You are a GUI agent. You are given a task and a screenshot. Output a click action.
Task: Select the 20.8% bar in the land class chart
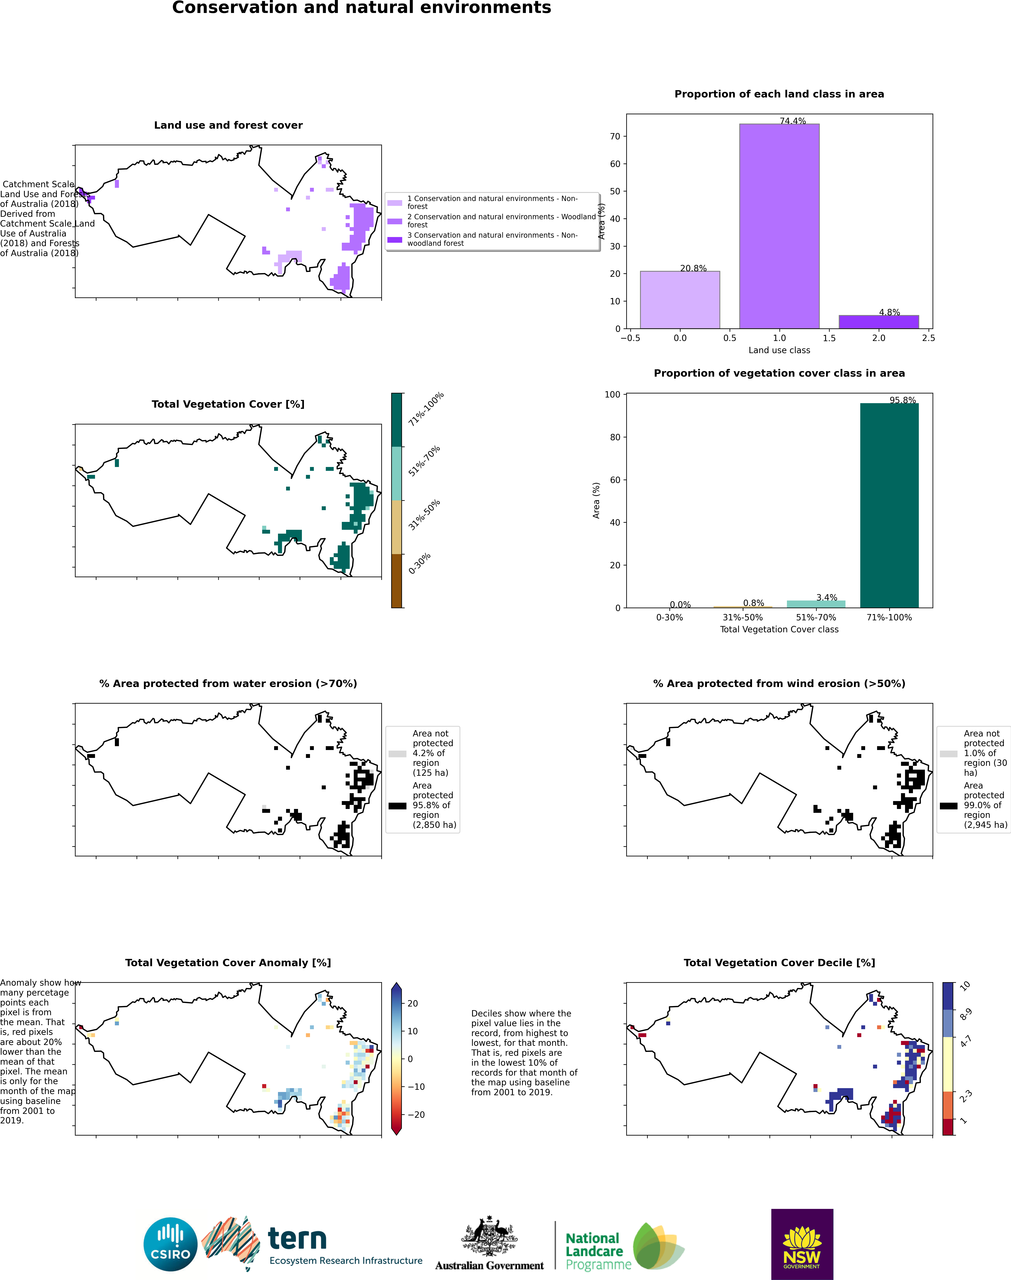[680, 300]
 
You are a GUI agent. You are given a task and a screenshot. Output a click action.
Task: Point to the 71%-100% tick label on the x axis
[889, 617]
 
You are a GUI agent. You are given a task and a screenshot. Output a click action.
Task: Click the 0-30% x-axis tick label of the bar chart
[669, 617]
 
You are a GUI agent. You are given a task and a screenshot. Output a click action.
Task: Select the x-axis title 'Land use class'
[779, 350]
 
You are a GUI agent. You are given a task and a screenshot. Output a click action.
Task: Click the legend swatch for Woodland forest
[395, 221]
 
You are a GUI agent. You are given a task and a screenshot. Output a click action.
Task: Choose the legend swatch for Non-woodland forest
[395, 239]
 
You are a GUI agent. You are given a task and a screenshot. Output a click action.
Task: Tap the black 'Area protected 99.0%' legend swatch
[948, 805]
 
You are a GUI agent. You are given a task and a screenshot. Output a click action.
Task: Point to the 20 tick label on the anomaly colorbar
[413, 1003]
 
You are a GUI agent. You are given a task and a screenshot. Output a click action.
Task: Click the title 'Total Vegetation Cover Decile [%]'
[779, 963]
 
